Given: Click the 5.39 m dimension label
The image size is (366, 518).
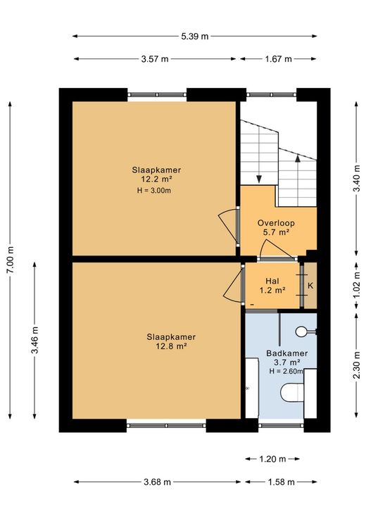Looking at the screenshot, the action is click(194, 37).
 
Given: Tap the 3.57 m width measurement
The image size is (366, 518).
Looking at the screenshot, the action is click(155, 59).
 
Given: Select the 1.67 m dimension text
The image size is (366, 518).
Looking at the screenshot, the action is click(278, 59).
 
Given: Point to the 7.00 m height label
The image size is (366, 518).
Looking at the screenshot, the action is click(11, 260).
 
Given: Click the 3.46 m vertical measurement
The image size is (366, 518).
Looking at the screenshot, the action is click(34, 340).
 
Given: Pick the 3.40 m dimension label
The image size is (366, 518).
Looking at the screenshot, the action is click(356, 178).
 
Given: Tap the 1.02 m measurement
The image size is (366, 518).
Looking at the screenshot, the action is click(356, 286).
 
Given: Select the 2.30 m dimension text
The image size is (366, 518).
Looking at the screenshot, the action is click(356, 365).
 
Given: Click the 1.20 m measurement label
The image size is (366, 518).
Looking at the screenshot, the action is click(272, 459).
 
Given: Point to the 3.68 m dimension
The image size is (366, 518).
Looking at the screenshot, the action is click(157, 482).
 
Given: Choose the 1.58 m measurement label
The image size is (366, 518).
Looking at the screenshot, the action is click(281, 482).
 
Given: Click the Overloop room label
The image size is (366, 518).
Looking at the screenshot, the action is click(276, 223).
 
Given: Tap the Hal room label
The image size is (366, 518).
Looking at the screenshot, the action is click(272, 281).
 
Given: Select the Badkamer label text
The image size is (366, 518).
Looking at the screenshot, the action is click(287, 353).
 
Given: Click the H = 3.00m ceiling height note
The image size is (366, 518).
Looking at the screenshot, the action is click(154, 190).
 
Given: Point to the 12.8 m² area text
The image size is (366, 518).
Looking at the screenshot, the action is click(172, 346).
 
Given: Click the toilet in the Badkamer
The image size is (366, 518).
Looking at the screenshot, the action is click(292, 393).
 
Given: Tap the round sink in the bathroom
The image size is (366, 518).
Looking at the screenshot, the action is click(302, 331).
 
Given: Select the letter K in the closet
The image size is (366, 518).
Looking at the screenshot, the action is click(310, 286).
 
